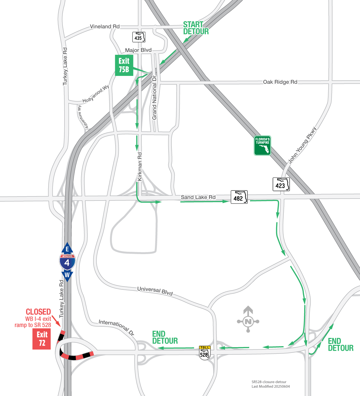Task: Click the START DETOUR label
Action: [x=196, y=28]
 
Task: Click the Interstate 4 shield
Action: [x=67, y=262]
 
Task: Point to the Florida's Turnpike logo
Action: [x=262, y=146]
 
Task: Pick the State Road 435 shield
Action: [x=139, y=37]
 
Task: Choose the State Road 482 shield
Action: [x=239, y=197]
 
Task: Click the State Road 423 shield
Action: [x=281, y=184]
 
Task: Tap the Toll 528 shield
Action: [x=205, y=353]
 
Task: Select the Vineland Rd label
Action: [x=105, y=26]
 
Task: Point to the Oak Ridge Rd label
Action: [x=280, y=82]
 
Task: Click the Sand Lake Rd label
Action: [x=198, y=197]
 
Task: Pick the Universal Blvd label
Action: [x=155, y=291]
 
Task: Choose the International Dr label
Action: [x=117, y=328]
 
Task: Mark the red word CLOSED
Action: [x=38, y=312]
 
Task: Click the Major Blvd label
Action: [x=138, y=50]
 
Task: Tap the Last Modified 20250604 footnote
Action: [x=270, y=386]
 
